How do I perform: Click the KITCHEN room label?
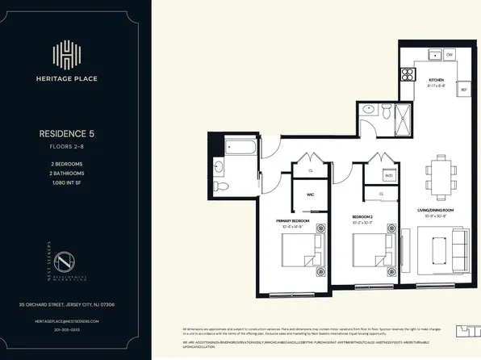tap(437, 80)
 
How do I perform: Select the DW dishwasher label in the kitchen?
tap(449, 56)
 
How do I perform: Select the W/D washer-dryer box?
tap(388, 174)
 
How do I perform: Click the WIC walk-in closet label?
tap(309, 194)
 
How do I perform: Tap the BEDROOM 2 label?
tap(366, 217)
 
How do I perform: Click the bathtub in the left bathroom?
tap(239, 148)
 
